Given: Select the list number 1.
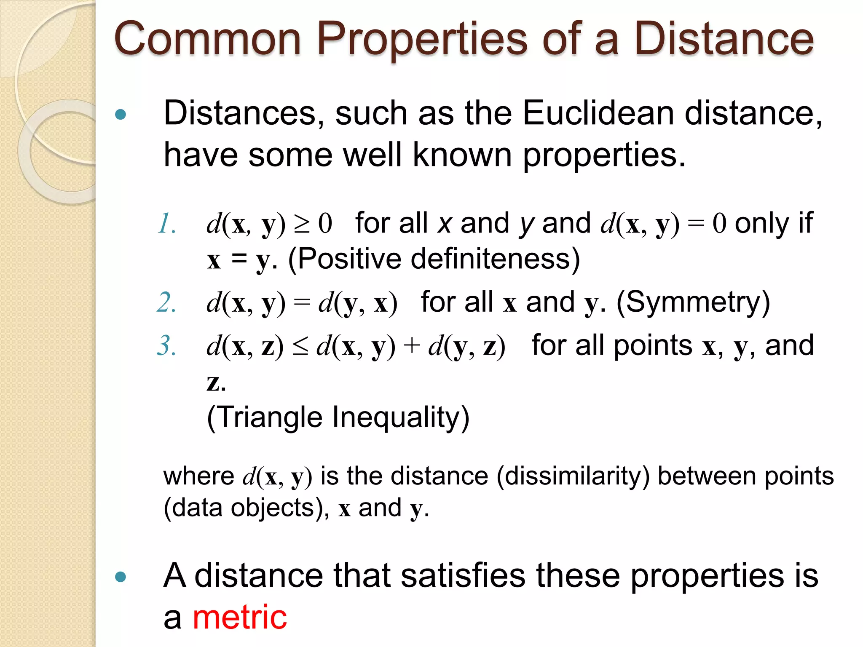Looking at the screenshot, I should tap(166, 223).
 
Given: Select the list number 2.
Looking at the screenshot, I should tap(166, 302).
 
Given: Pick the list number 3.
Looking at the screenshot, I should tap(166, 346).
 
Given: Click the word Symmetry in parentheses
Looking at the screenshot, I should tap(693, 302).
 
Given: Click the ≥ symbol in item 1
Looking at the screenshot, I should tap(302, 224).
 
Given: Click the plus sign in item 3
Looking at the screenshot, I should tap(412, 346).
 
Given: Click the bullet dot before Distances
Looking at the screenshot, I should tap(121, 114).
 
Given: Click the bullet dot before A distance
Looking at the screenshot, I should tap(121, 577).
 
